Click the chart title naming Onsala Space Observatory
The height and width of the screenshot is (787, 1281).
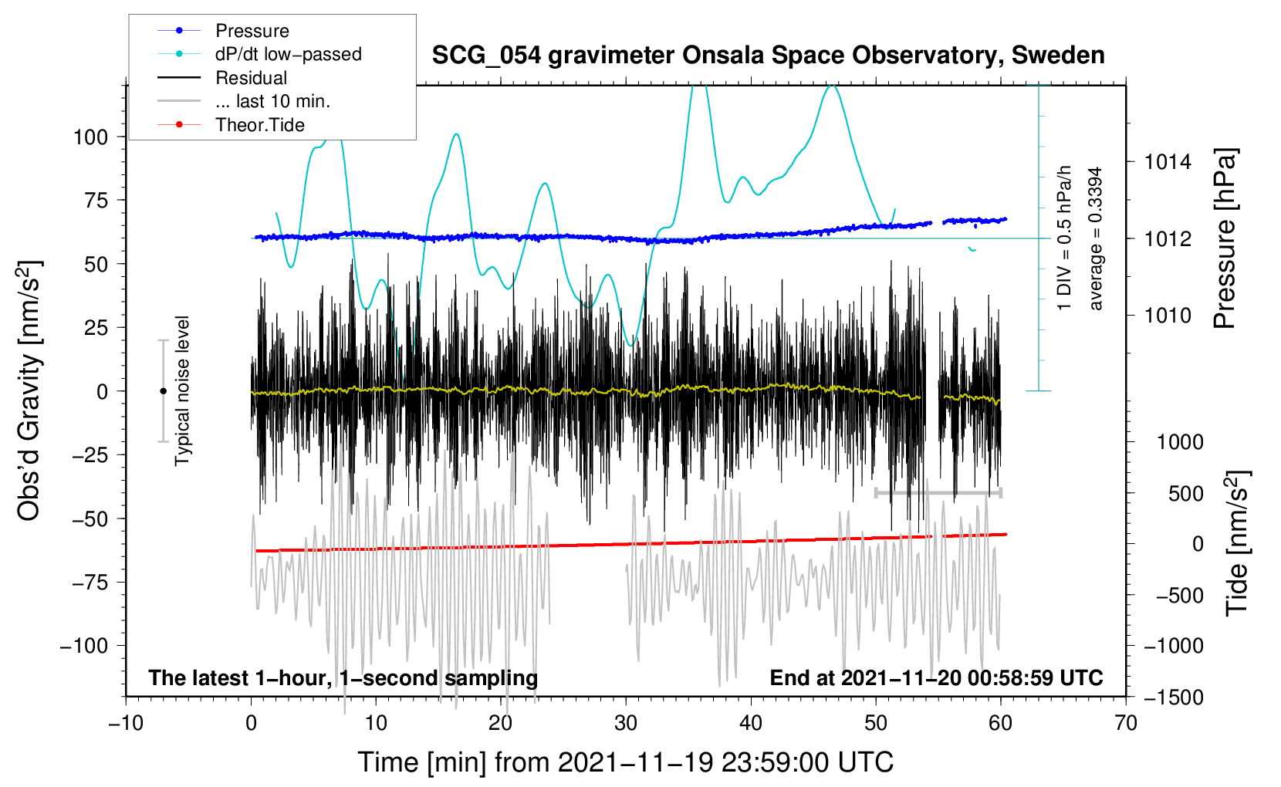[768, 56]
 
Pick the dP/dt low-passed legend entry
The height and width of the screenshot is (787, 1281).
[288, 54]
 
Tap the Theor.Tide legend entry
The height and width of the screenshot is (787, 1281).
[259, 125]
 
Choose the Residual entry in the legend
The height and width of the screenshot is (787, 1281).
[251, 78]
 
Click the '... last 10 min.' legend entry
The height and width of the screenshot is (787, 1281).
[272, 101]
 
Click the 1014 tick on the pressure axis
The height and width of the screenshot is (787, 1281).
[1168, 162]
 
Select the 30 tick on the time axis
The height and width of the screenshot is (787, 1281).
[626, 723]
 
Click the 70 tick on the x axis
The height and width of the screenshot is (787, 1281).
[1126, 723]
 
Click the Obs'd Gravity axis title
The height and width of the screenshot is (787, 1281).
[29, 390]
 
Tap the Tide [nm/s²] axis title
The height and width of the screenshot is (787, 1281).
[1237, 542]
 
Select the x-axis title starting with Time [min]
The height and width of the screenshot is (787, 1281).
[626, 762]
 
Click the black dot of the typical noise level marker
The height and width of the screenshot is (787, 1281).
[163, 391]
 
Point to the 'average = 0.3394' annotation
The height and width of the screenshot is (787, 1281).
[1096, 238]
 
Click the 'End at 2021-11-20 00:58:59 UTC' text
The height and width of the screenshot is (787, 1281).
[936, 678]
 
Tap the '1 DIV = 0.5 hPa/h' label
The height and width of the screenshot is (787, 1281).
[1065, 238]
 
